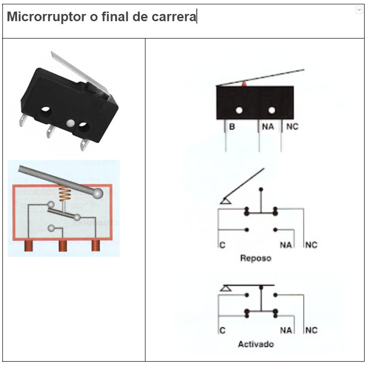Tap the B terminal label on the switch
[232, 127]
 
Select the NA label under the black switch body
[268, 127]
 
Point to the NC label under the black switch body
[292, 127]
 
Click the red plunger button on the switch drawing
[244, 84]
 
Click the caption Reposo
[256, 258]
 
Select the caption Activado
[256, 344]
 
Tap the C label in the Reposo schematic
[222, 245]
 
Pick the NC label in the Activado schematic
[311, 331]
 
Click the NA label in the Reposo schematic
[286, 245]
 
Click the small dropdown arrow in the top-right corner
[359, 10]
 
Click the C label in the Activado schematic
[222, 331]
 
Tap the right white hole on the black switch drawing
[272, 110]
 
